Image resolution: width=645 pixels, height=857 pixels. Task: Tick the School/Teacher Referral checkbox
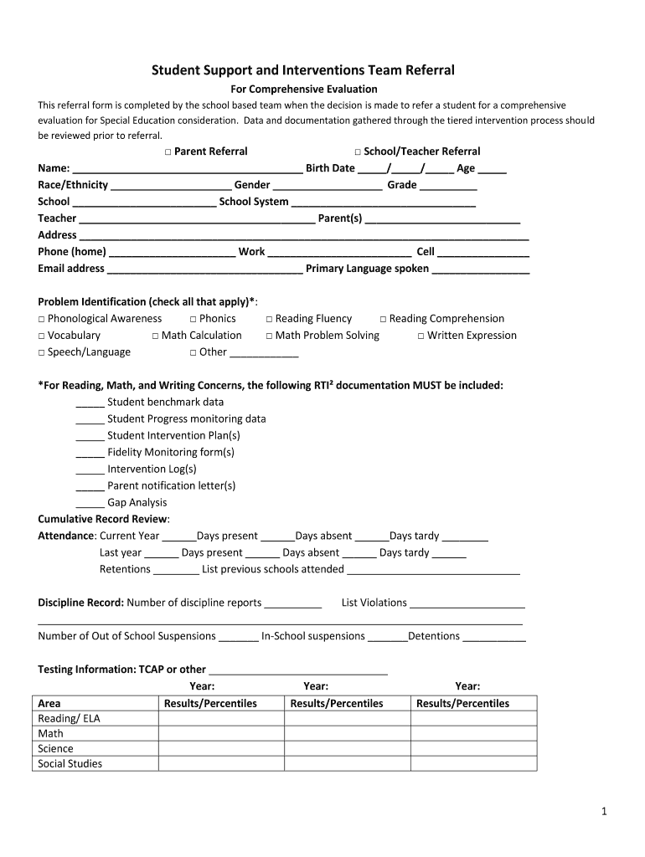357,151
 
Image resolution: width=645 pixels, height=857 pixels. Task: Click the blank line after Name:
188,169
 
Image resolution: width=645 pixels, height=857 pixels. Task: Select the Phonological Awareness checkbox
41,319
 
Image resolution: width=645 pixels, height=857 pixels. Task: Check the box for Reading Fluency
269,319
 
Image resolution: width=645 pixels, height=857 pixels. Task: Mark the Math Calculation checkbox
155,336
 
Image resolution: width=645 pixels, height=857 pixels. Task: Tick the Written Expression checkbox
421,336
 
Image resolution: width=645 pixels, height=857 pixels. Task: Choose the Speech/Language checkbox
41,352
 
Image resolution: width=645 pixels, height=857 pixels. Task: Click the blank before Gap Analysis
90,504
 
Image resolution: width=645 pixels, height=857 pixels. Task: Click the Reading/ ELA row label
70,719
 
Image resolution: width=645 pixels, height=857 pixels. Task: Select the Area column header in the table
49,703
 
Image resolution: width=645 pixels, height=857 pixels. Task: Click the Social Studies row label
70,763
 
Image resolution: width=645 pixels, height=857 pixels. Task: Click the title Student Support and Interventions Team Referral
302,70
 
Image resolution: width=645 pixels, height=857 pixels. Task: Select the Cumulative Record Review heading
104,519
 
